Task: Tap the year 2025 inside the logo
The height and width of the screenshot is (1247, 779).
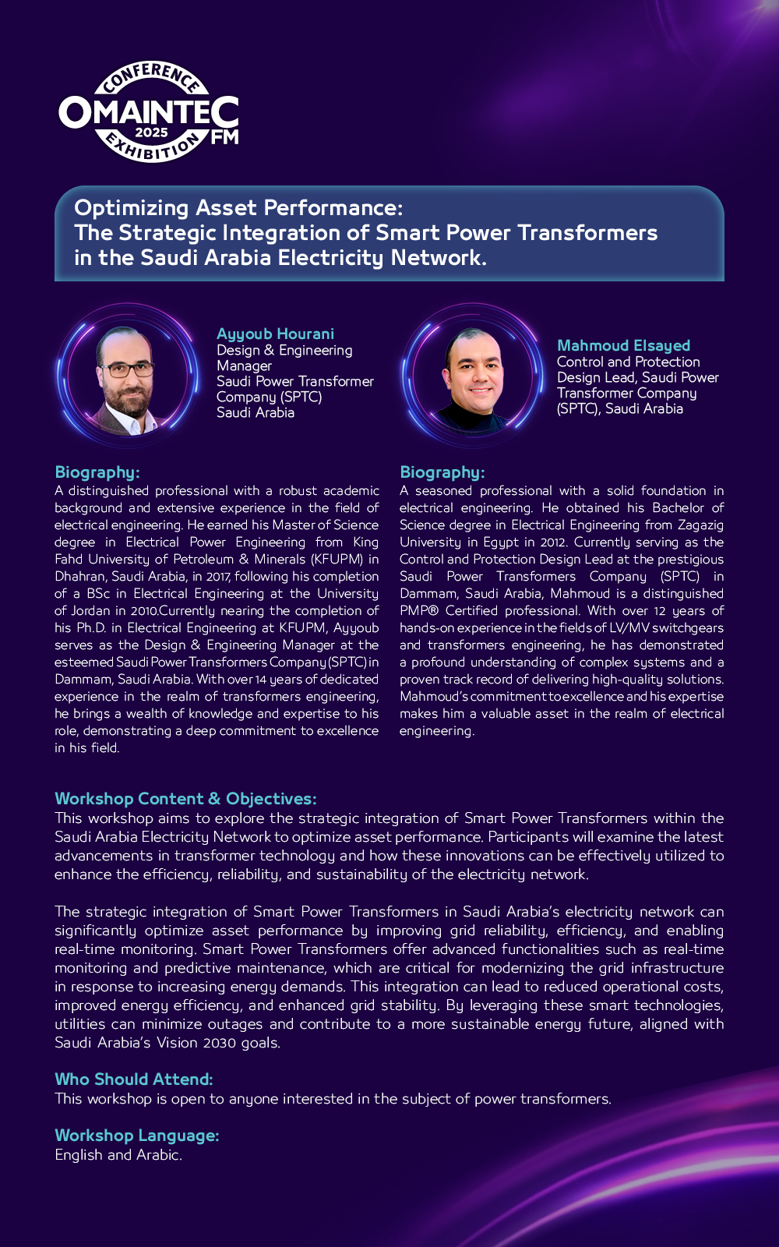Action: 151,132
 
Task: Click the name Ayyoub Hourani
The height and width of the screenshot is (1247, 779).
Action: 275,334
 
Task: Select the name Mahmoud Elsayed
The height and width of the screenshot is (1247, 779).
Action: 623,345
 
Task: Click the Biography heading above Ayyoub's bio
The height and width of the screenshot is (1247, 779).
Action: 97,472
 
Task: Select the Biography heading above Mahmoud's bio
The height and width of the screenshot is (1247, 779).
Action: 442,472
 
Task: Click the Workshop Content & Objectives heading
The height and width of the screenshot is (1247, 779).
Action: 185,799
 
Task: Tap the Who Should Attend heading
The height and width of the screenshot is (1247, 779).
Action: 133,1079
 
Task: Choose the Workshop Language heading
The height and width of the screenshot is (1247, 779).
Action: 136,1136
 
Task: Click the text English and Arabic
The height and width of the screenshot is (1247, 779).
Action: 118,1155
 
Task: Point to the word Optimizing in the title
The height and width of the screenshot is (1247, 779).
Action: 131,208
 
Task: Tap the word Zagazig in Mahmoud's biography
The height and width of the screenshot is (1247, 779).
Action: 700,525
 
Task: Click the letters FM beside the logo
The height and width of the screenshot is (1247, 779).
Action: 224,137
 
